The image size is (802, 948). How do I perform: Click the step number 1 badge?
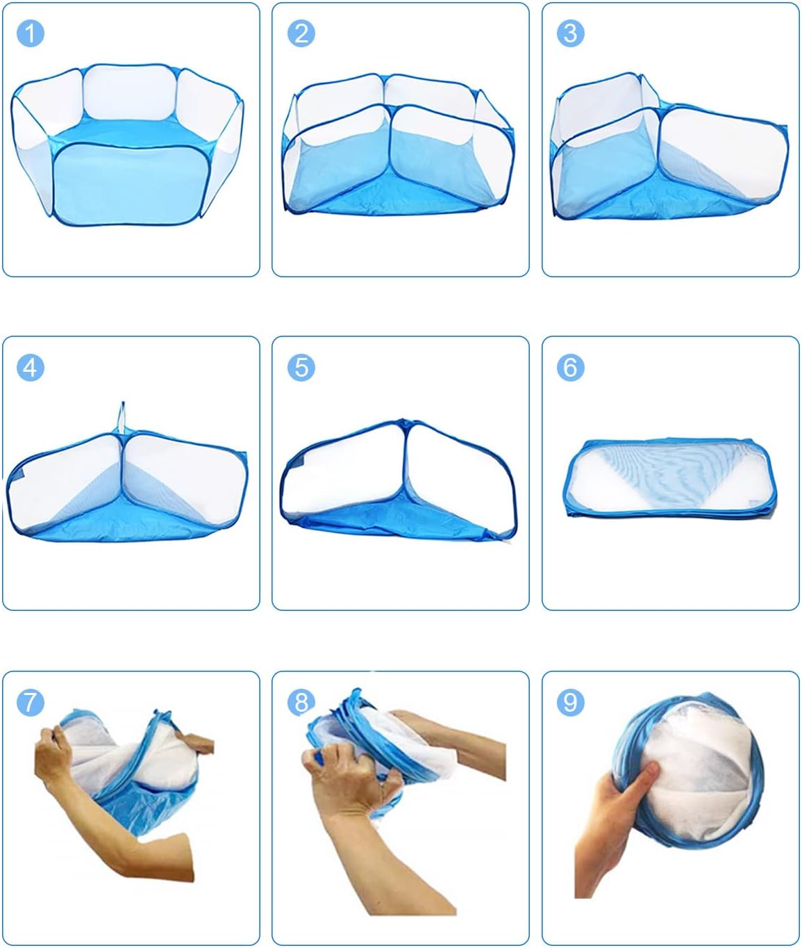point(30,33)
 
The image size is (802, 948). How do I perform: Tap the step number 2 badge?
point(301,33)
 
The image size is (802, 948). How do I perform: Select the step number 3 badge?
point(571,33)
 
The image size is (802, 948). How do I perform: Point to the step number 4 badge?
point(30,367)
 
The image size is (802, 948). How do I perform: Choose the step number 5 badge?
point(301,367)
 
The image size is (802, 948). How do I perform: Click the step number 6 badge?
point(571,367)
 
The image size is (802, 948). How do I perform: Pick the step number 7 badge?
point(30,702)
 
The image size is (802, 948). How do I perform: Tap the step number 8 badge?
point(301,702)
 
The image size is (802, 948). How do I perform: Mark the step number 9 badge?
point(571,702)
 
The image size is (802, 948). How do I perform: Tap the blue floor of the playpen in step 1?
point(132,132)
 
